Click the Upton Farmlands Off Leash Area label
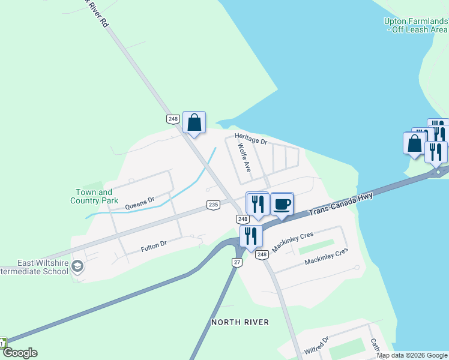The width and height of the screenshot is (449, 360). tap(415, 25)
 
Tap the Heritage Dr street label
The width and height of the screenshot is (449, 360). tap(250, 138)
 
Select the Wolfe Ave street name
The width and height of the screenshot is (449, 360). tap(243, 158)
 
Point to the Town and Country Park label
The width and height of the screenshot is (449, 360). tap(94, 196)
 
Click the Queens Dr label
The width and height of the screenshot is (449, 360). tap(139, 203)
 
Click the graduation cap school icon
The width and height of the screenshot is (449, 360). tap(77, 266)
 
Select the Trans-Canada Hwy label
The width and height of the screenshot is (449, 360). tap(340, 205)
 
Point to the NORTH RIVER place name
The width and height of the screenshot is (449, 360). tap(240, 322)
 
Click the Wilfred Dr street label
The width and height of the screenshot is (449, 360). tap(316, 345)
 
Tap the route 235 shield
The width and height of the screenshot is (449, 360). tap(213, 205)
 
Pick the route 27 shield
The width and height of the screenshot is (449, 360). tap(237, 263)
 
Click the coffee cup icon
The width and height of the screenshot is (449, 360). tap(282, 204)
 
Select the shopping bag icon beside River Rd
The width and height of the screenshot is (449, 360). tap(194, 122)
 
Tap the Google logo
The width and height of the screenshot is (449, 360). tap(20, 353)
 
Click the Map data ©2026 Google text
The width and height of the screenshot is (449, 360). tap(412, 355)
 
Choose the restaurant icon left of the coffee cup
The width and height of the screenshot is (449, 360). tap(258, 203)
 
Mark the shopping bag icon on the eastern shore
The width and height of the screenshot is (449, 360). tap(414, 143)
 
